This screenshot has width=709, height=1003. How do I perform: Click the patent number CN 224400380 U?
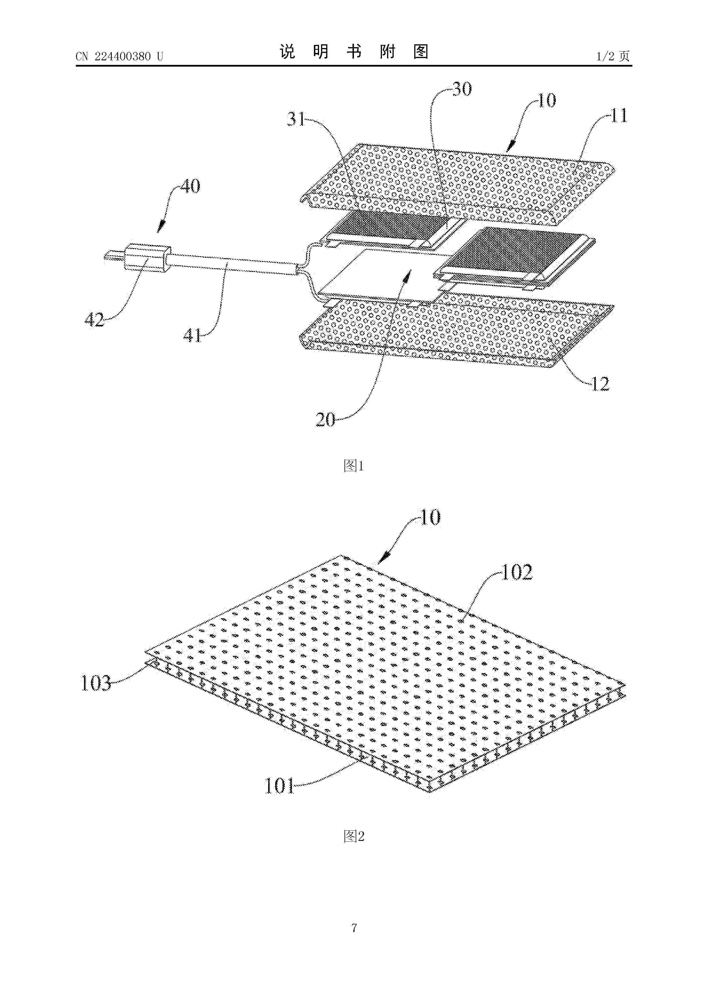pos(119,56)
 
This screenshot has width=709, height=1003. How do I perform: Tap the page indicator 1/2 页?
pos(613,56)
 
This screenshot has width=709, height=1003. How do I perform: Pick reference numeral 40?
pos(190,186)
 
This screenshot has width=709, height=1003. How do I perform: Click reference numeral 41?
pos(192,335)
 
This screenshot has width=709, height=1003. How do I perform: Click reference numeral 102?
pos(517,573)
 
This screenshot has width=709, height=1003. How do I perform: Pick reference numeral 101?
pos(280,786)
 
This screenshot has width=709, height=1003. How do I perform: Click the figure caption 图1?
pos(354,466)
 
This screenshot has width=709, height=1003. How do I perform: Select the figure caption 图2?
pos(354,837)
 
